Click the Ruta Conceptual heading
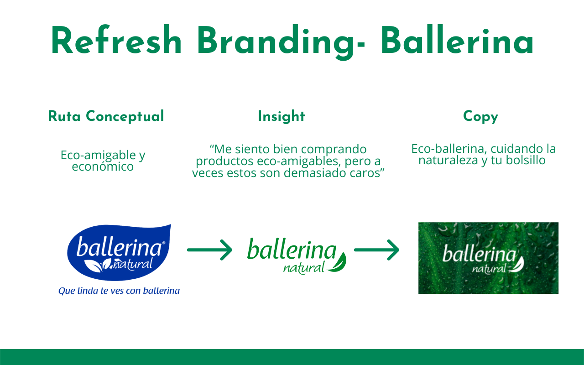pyautogui.click(x=106, y=116)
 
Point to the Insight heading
pyautogui.click(x=282, y=116)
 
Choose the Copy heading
pyautogui.click(x=480, y=116)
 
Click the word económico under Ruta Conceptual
pyautogui.click(x=103, y=167)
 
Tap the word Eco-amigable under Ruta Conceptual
pyautogui.click(x=98, y=156)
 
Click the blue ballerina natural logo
pyautogui.click(x=119, y=252)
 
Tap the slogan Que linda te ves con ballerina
pyautogui.click(x=119, y=291)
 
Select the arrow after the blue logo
pyautogui.click(x=209, y=250)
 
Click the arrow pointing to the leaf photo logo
pyautogui.click(x=377, y=250)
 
